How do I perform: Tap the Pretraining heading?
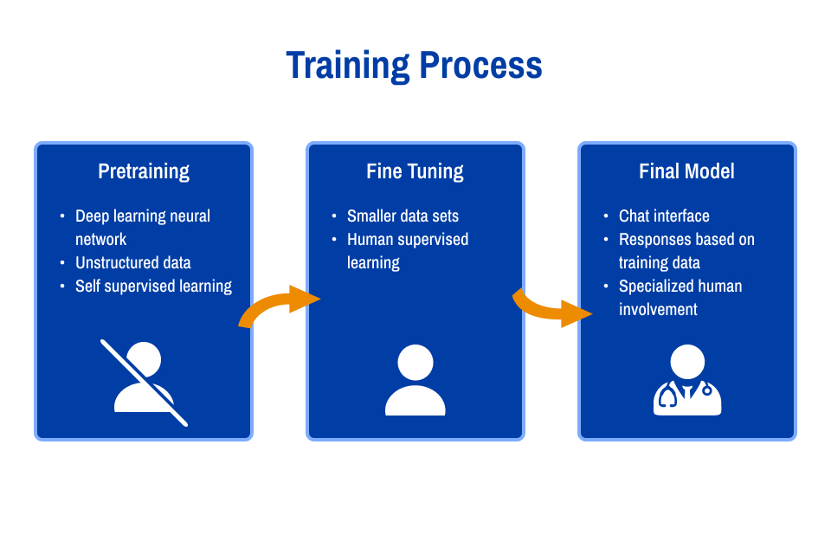click(x=144, y=171)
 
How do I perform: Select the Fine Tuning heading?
click(x=415, y=171)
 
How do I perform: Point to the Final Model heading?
click(x=686, y=171)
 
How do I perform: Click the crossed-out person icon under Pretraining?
click(x=144, y=382)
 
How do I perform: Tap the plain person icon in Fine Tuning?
click(x=415, y=380)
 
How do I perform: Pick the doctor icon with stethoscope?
click(x=687, y=380)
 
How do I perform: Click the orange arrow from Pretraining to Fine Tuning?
click(x=279, y=306)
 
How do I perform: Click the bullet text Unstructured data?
click(x=132, y=263)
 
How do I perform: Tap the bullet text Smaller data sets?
click(x=403, y=216)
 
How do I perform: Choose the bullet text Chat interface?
click(x=664, y=216)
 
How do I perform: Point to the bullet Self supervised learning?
click(x=153, y=287)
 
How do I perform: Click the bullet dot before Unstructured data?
click(x=62, y=263)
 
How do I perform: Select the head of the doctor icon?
click(x=687, y=361)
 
